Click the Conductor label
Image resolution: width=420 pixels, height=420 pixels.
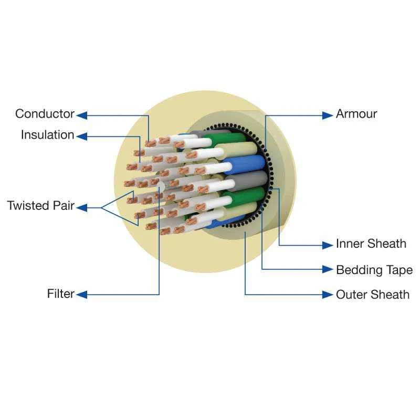(x=45, y=114)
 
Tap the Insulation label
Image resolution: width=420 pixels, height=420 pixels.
(x=47, y=135)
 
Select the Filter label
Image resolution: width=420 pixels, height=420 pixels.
(x=61, y=294)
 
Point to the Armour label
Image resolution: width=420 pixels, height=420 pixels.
(x=356, y=114)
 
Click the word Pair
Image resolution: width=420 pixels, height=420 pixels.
(x=63, y=205)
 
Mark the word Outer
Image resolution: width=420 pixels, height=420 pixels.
(x=350, y=295)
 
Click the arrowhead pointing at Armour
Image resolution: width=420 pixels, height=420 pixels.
(x=328, y=115)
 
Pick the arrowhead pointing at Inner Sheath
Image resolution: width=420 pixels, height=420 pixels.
(x=328, y=245)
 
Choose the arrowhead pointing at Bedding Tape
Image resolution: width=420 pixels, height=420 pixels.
(x=328, y=269)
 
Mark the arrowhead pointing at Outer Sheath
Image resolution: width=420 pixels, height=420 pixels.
(x=328, y=295)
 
